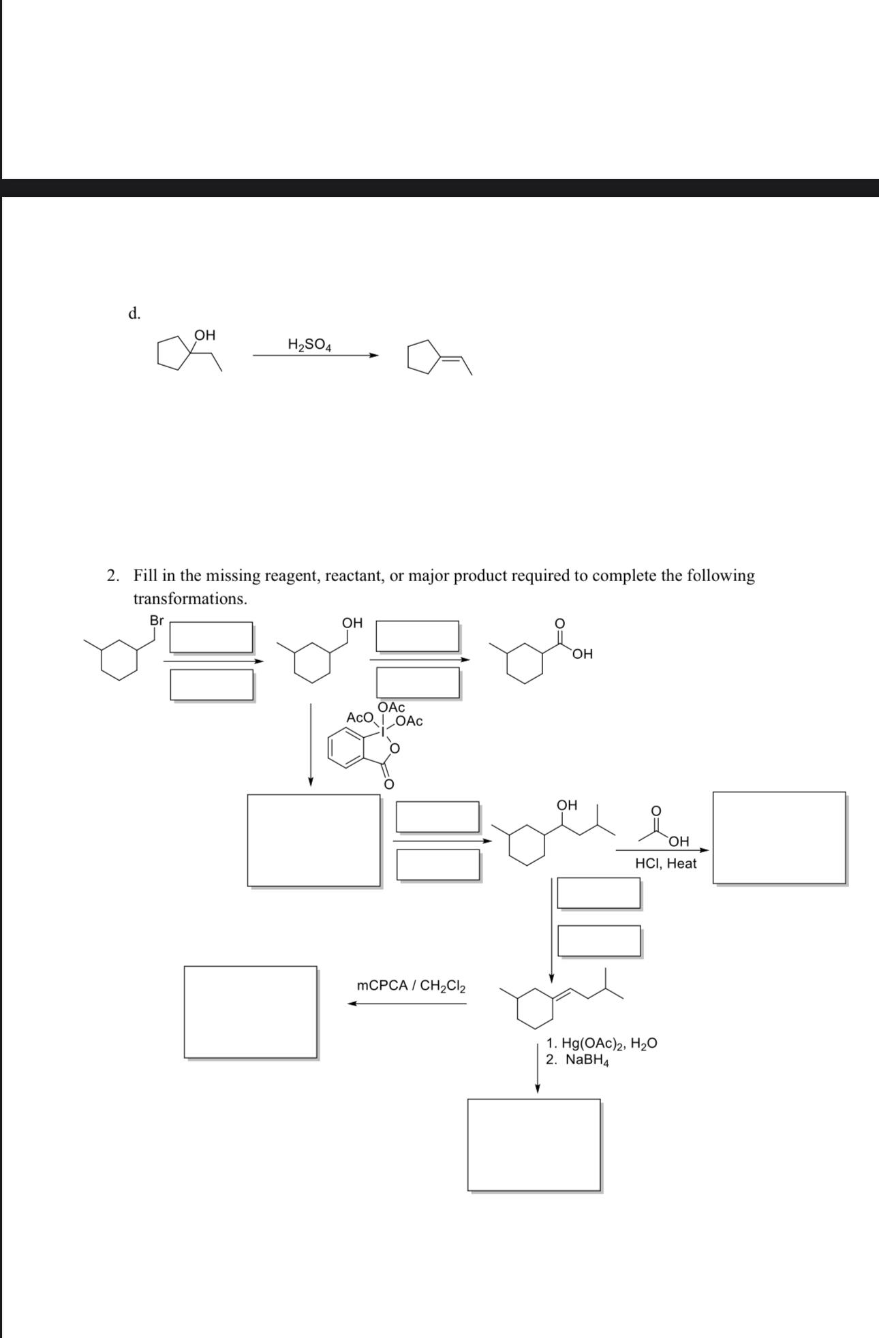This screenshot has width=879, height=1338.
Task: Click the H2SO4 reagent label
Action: tap(309, 345)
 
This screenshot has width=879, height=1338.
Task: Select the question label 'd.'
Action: tap(135, 313)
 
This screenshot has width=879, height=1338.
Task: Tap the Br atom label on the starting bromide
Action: tap(157, 621)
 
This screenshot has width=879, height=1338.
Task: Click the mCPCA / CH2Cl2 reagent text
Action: tap(412, 986)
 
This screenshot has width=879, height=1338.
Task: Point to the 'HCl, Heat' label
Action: tap(666, 864)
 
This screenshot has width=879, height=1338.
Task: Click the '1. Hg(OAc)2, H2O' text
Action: tap(602, 1043)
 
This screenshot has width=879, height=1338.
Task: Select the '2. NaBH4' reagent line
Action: tap(576, 1060)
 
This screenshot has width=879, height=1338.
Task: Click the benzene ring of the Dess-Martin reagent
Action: tap(346, 747)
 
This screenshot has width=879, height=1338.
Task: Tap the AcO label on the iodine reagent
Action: tap(360, 717)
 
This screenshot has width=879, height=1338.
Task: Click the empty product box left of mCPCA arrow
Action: tap(250, 1012)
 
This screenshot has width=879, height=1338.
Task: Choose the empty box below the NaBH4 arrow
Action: tap(534, 1145)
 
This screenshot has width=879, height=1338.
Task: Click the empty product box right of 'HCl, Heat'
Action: tap(779, 837)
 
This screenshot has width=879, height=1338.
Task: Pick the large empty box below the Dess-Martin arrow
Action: tap(313, 840)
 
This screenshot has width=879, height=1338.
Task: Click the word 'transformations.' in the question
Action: tap(190, 599)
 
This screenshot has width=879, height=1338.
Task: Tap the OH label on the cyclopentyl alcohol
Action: tap(204, 335)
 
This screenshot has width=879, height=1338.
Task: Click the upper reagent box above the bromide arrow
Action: tap(211, 637)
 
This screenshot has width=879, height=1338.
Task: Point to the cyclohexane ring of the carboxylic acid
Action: tap(525, 665)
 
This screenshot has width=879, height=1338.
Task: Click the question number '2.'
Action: tap(113, 576)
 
